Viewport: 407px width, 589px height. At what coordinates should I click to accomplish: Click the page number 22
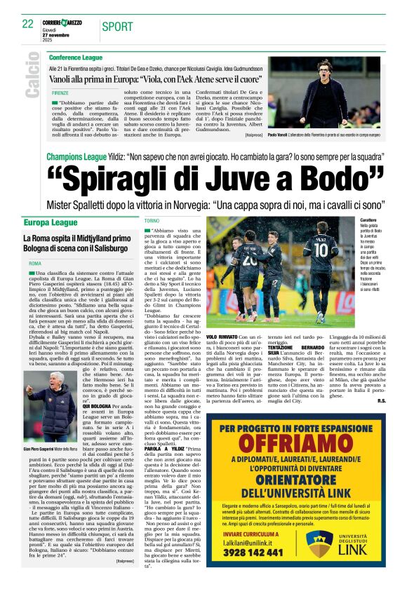coord(28,23)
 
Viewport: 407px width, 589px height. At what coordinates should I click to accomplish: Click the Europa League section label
coord(51,222)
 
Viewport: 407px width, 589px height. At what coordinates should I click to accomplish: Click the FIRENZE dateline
coord(60,92)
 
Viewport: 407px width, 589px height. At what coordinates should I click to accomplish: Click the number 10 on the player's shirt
coord(321,249)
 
